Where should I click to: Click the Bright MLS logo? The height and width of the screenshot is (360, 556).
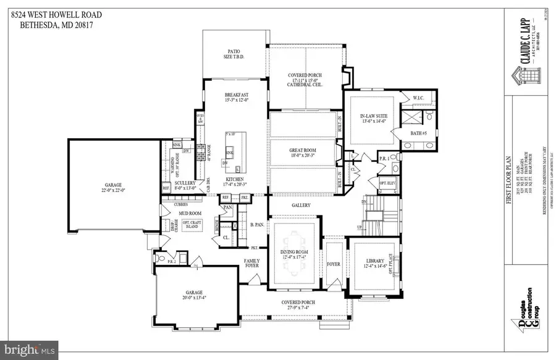[30, 350]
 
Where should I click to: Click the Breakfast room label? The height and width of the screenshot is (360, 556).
[234, 94]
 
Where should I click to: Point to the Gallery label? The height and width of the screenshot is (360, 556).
[301, 205]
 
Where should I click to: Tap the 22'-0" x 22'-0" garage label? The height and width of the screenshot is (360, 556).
[112, 188]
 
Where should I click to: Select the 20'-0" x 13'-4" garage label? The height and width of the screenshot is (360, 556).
[195, 295]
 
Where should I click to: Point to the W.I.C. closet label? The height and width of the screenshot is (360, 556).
[417, 98]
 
